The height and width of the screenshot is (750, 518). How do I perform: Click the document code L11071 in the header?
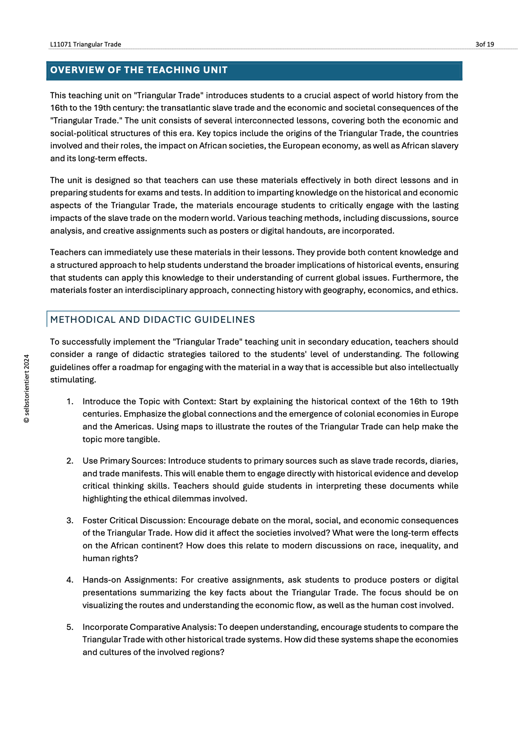(61, 44)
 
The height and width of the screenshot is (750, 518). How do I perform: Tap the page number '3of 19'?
(485, 44)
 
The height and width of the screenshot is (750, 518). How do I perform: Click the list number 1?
(70, 401)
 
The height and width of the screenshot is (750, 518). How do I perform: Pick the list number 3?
(70, 520)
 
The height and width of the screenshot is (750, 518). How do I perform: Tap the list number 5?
(70, 627)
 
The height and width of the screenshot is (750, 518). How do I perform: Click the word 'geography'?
(344, 290)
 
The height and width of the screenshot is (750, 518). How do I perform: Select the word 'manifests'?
(144, 474)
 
